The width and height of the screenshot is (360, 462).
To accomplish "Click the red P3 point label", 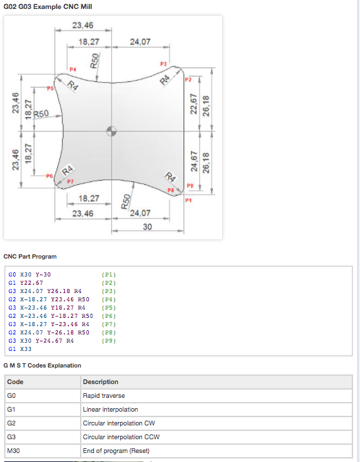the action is [x=163, y=64].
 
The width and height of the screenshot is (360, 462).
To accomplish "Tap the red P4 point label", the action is [x=73, y=70].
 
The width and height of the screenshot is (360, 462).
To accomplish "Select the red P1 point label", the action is [x=188, y=201].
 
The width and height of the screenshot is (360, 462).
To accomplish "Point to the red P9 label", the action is [x=190, y=185].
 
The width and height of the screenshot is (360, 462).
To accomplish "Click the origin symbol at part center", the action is [x=111, y=131].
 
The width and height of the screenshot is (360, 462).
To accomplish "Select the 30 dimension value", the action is [x=148, y=227].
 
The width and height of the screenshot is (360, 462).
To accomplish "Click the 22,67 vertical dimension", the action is [x=194, y=103].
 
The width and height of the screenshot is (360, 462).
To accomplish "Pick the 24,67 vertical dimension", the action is [x=194, y=161].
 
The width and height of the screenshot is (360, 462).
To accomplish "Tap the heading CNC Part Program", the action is [x=30, y=257].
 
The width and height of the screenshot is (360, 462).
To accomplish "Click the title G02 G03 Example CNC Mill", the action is [x=48, y=6].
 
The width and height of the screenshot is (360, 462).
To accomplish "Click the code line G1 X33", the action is [x=20, y=349].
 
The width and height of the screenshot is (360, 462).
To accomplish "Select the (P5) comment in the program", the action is [x=109, y=308].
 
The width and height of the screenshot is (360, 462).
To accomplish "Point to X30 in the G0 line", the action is [x=26, y=274].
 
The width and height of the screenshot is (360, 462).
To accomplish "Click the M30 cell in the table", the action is [x=43, y=451].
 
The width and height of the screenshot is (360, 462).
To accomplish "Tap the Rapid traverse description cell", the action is [x=217, y=396].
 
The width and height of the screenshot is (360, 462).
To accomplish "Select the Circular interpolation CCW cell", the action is [x=217, y=437].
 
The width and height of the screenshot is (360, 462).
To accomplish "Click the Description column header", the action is [x=217, y=382].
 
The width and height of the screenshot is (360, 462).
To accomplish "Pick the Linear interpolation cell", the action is [x=217, y=410].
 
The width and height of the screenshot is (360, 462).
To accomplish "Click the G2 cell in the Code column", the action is [x=43, y=423].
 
